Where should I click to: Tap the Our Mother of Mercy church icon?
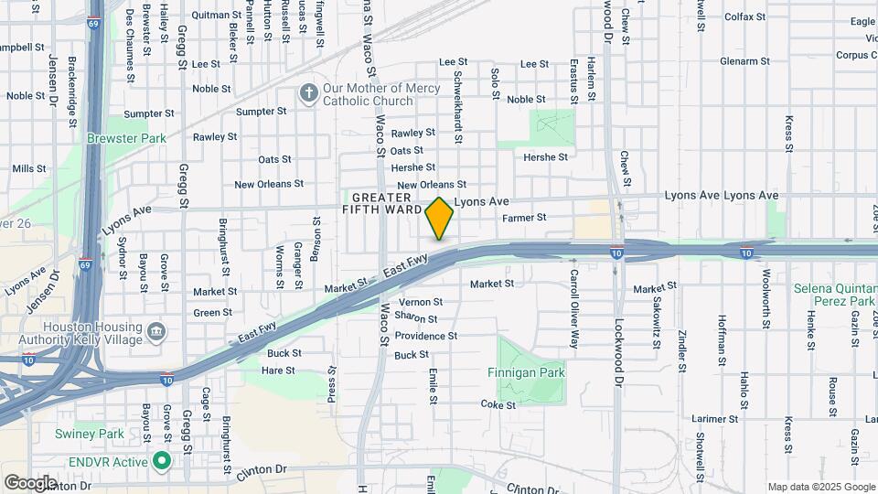309,93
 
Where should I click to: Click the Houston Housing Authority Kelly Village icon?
155,330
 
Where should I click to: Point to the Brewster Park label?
126,138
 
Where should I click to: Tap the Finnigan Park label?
531,372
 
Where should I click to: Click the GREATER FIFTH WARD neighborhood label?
382,203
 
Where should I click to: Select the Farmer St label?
524,218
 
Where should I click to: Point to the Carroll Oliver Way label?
574,296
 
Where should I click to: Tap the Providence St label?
425,337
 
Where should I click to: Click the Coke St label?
498,404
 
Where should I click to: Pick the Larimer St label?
715,419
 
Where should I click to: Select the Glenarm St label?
744,61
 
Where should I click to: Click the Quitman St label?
216,16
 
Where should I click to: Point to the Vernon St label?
421,302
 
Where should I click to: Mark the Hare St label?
278,370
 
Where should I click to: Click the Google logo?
29,482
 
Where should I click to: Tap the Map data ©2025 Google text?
819,487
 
